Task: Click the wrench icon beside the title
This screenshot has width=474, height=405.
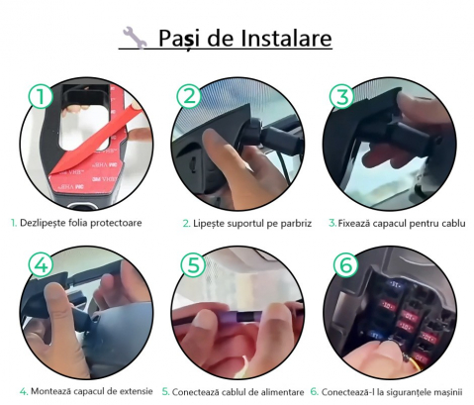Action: [135, 38]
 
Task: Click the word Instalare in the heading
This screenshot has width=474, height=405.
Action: [286, 38]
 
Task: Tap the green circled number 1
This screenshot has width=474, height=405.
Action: [41, 96]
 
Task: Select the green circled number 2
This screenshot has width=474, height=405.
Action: [189, 96]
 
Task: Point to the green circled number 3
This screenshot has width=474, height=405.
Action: [341, 96]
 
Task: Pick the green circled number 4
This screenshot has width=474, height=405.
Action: [41, 264]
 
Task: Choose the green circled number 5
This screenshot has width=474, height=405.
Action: [193, 264]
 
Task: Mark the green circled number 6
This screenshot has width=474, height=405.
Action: [345, 264]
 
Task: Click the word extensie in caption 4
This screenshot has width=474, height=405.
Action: [136, 391]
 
